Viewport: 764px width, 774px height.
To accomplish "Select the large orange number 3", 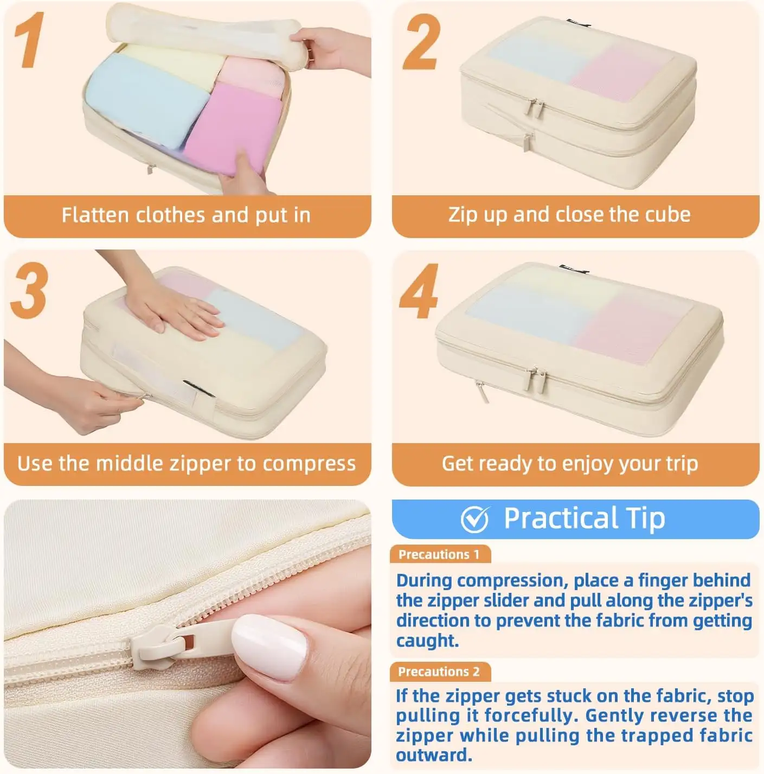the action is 29,290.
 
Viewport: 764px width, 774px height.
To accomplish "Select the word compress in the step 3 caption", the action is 309,464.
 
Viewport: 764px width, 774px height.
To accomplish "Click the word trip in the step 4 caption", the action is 682,464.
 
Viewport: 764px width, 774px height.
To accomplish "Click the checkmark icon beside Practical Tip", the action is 475,519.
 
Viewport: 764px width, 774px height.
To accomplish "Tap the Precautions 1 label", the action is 439,555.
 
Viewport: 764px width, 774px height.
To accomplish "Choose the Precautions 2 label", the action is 439,671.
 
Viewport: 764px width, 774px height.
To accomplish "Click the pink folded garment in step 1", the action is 234,127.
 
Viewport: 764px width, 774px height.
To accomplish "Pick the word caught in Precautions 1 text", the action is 427,640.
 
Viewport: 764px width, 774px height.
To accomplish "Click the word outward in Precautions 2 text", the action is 434,755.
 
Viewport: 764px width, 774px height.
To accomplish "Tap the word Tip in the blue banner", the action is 645,519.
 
